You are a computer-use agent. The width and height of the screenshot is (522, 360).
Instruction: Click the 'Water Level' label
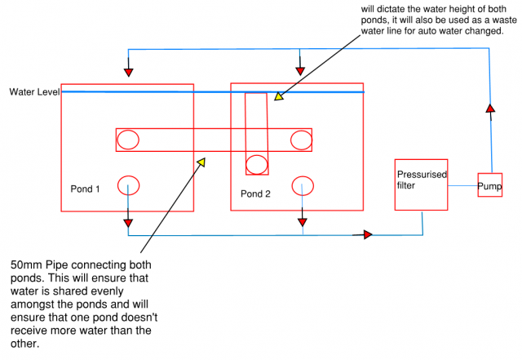34,91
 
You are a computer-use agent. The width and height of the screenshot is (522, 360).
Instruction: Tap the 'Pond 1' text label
86,189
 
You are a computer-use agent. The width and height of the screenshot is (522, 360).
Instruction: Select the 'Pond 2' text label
255,193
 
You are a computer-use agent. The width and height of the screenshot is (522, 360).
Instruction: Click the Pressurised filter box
421,184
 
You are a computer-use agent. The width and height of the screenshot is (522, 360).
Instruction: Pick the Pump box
490,185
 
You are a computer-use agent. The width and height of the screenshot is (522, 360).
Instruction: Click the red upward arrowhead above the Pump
489,108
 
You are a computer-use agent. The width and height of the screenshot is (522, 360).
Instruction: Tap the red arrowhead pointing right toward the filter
367,235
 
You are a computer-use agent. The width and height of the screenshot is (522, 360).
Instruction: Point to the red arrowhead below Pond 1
129,222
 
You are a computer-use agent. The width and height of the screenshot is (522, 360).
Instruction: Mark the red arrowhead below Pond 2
303,221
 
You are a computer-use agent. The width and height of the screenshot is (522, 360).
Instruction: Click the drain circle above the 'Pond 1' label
129,185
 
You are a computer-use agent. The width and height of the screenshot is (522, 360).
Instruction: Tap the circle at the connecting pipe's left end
128,140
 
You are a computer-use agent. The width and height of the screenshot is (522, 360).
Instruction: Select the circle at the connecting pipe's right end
301,140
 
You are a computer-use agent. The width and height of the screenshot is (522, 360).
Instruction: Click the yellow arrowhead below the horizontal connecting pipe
199,162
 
